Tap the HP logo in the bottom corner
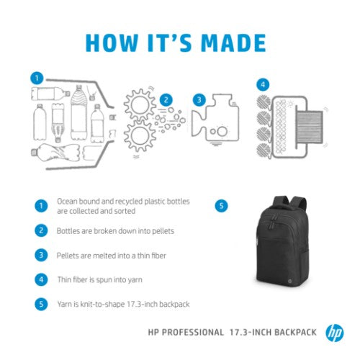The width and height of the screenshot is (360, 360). (334, 333)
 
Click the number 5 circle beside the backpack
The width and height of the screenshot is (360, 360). (221, 206)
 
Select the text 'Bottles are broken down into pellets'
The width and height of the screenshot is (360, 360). (115, 231)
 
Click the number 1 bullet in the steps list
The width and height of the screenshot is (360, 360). (40, 206)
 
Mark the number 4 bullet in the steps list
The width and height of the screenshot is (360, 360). (40, 279)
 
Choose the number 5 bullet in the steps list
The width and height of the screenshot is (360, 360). (40, 304)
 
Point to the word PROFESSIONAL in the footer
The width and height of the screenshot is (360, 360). (191, 333)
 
